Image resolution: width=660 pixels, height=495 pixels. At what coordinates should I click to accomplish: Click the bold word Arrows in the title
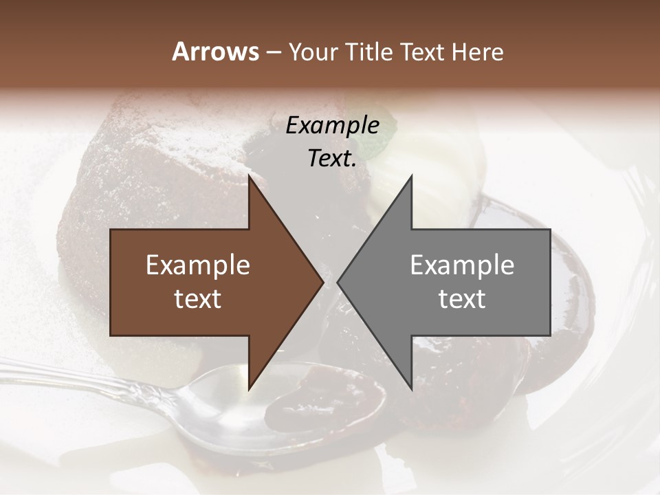tap(215, 52)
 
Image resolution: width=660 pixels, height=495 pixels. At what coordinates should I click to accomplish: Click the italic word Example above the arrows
tap(332, 125)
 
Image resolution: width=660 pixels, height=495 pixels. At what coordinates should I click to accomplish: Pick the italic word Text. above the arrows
tap(332, 158)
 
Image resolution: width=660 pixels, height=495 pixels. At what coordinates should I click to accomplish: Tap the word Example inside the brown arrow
tap(198, 265)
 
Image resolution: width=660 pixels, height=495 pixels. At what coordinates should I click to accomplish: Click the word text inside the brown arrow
tap(198, 299)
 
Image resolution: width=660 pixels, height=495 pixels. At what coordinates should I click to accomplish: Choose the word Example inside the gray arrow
tap(462, 265)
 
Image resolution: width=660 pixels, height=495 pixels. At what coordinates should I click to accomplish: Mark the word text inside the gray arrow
tap(462, 299)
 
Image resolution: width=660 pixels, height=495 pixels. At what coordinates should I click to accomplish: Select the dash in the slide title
tap(273, 52)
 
